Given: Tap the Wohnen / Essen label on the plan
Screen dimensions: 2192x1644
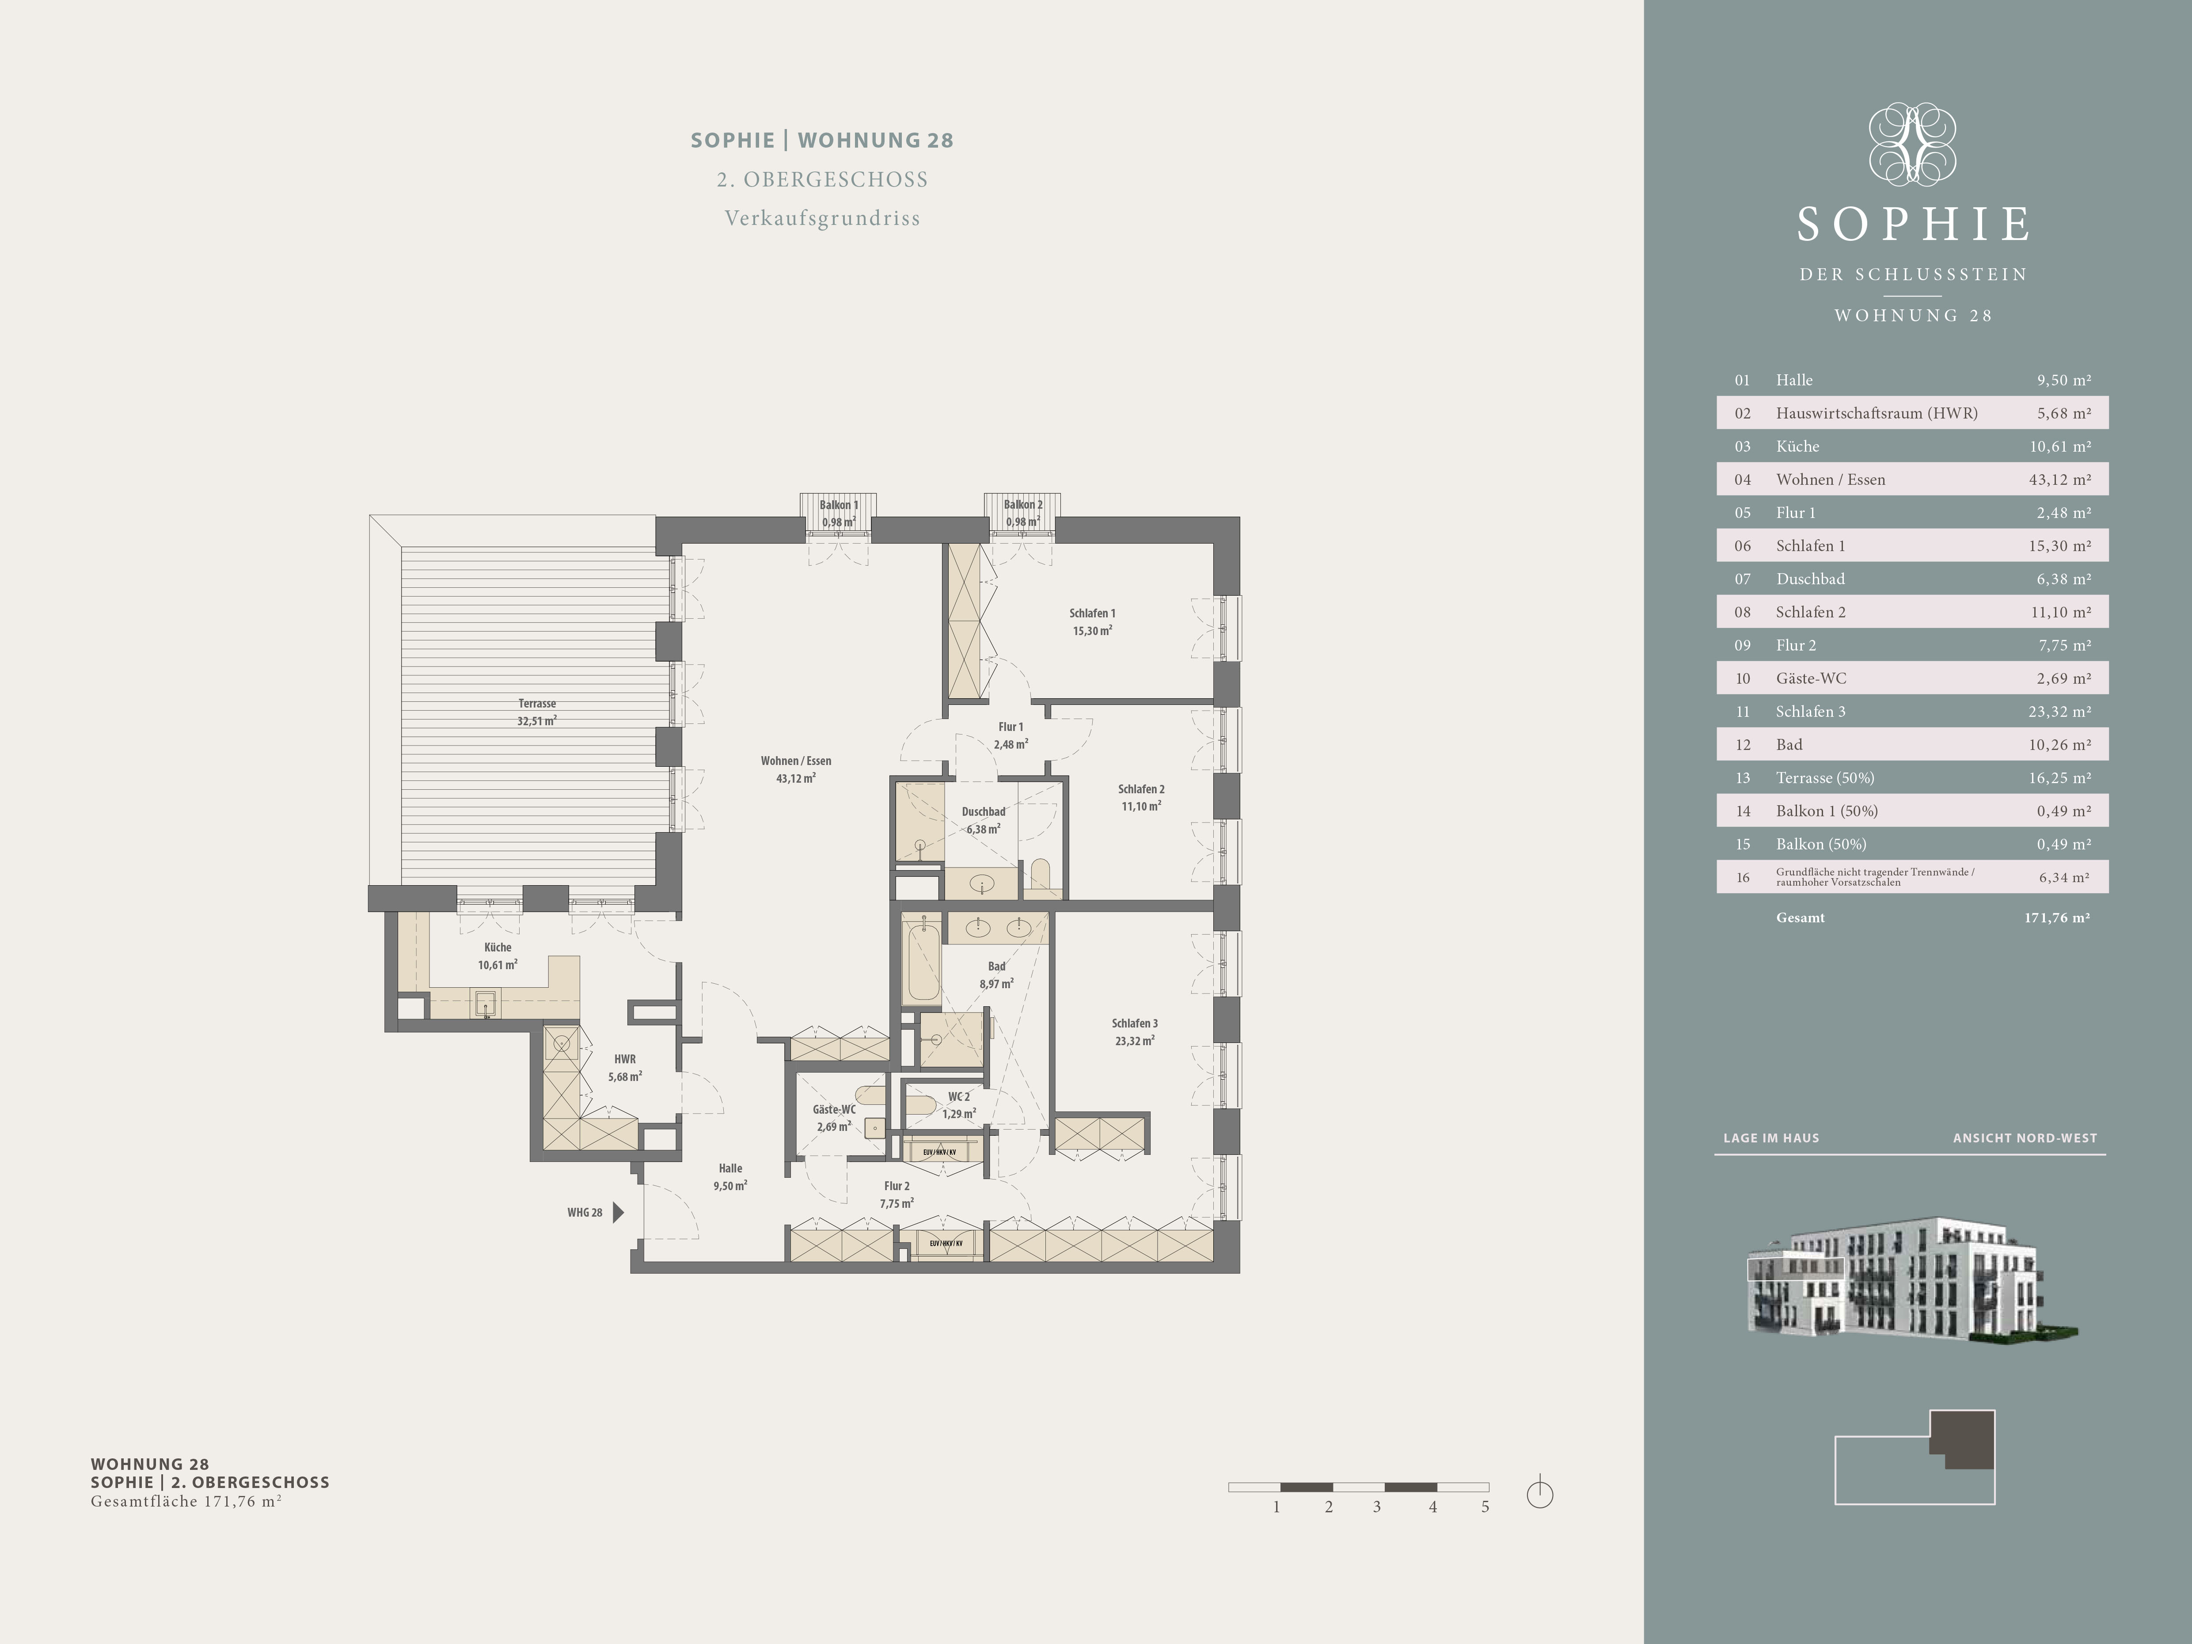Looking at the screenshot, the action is pyautogui.click(x=796, y=761).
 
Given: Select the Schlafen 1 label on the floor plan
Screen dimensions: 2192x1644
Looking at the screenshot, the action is pyautogui.click(x=1092, y=613).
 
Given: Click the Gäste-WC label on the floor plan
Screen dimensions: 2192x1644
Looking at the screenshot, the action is pyautogui.click(x=833, y=1110).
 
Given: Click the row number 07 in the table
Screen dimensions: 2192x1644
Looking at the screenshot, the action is pyautogui.click(x=1742, y=579).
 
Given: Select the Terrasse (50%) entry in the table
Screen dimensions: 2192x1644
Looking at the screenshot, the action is pyautogui.click(x=1824, y=778).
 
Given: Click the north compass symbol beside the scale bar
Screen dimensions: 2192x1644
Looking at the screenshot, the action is pyautogui.click(x=1540, y=1492).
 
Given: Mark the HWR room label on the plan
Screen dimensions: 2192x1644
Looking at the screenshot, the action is pyautogui.click(x=624, y=1059).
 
